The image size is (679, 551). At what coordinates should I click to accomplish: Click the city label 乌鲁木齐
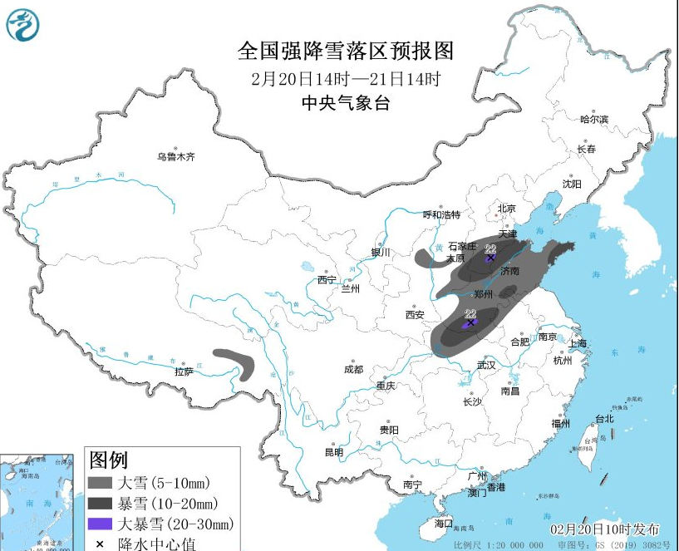(x=175, y=156)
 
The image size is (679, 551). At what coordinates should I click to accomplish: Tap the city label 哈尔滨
(x=594, y=120)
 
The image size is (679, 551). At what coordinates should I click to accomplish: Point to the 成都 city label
(x=353, y=369)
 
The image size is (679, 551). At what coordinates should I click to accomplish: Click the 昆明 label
(x=333, y=452)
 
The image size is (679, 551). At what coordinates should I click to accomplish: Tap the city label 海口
(x=445, y=524)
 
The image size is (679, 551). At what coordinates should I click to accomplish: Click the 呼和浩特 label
(x=440, y=214)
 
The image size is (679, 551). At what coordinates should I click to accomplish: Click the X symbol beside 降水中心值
(x=99, y=544)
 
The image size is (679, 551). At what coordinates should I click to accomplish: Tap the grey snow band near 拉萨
(x=237, y=361)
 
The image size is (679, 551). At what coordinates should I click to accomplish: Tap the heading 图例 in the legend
(x=109, y=460)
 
